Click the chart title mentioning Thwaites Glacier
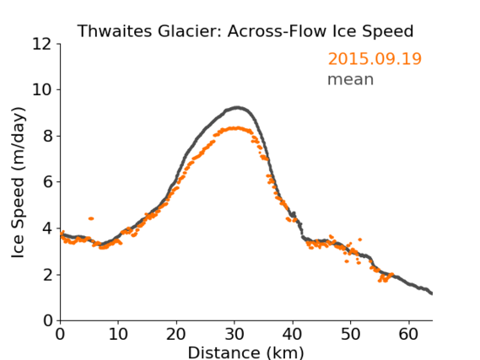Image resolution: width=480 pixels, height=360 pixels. [245, 31]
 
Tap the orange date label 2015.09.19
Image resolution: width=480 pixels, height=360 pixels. [375, 59]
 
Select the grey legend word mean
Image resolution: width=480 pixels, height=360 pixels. [351, 79]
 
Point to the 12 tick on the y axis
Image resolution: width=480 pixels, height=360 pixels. [42, 44]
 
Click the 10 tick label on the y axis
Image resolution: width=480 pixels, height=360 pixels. [42, 90]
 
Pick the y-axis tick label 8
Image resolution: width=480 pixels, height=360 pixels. [47, 136]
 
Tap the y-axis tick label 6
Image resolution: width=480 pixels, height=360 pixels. [47, 182]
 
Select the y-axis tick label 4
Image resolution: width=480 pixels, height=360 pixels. [47, 228]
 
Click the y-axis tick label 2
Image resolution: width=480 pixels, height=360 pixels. [47, 275]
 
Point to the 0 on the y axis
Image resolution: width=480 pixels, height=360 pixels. [47, 321]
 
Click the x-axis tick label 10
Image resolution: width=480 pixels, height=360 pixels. [118, 334]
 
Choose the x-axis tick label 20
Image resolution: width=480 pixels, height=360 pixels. [176, 334]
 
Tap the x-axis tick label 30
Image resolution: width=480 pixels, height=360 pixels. [235, 334]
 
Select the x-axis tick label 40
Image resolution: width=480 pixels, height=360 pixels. [293, 334]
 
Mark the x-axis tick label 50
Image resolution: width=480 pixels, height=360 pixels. [351, 334]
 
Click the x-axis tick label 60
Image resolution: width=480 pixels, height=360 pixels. [408, 334]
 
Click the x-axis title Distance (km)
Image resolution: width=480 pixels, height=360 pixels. [245, 352]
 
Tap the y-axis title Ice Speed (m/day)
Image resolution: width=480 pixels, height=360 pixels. [18, 183]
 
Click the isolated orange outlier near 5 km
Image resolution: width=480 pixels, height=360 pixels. [91, 218]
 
